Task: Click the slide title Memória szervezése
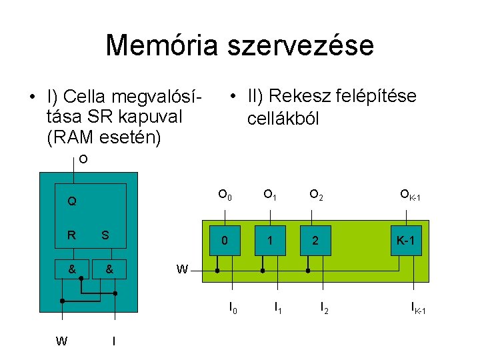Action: [239, 45]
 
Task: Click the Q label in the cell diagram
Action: [71, 201]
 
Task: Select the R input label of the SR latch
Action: [71, 235]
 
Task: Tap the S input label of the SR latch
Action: [105, 235]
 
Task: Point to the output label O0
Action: [225, 195]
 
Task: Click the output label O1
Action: [270, 195]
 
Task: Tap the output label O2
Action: [315, 195]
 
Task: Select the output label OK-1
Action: [409, 195]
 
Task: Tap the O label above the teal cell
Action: [83, 159]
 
